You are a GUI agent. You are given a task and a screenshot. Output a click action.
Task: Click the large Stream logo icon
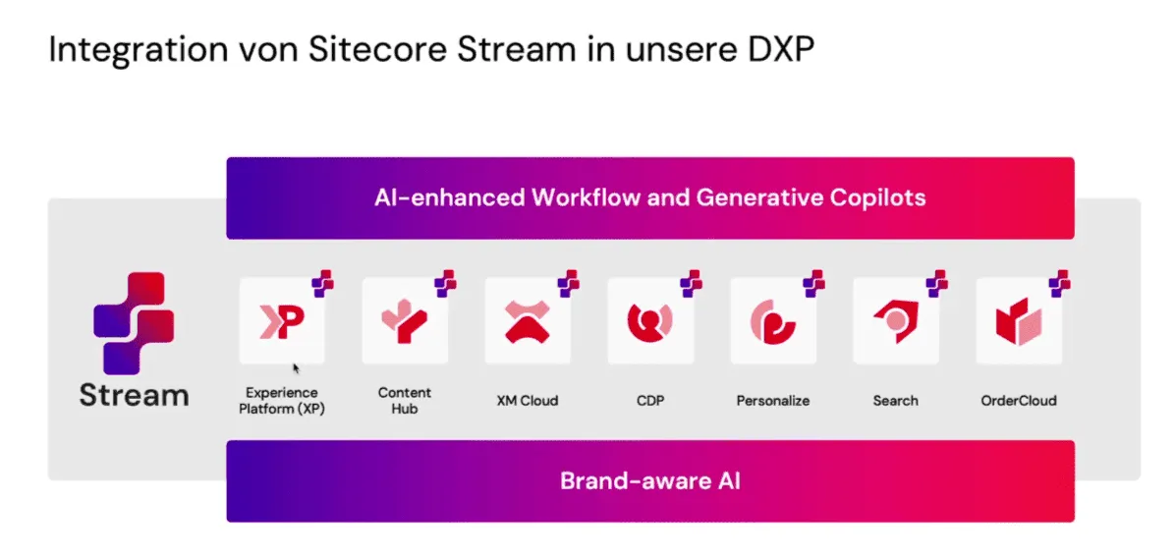tap(134, 323)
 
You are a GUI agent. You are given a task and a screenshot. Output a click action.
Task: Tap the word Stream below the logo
tap(135, 395)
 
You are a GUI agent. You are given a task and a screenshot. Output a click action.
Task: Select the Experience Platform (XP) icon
tap(282, 321)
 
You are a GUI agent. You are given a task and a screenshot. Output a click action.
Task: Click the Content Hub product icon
tap(405, 321)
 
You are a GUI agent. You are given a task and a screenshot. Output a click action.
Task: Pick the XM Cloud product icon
tap(527, 321)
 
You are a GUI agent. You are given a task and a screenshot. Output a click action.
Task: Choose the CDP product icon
tap(649, 321)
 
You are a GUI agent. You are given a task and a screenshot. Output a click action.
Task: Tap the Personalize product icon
tap(772, 321)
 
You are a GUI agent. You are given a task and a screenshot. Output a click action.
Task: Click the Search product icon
tap(895, 321)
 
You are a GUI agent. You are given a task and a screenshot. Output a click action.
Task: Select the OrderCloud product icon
tap(1019, 321)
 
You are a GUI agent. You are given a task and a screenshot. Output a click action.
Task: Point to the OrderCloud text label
tap(1019, 400)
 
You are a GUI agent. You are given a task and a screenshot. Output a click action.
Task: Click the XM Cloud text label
tap(527, 400)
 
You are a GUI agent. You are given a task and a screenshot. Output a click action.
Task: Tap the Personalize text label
tap(772, 400)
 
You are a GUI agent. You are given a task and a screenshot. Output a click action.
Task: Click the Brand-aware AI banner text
tap(649, 480)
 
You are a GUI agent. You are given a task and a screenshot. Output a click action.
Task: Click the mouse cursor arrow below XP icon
tap(297, 368)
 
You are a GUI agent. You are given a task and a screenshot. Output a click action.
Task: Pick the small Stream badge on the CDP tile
tap(691, 283)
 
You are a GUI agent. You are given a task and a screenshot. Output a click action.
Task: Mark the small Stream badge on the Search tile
tap(936, 283)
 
